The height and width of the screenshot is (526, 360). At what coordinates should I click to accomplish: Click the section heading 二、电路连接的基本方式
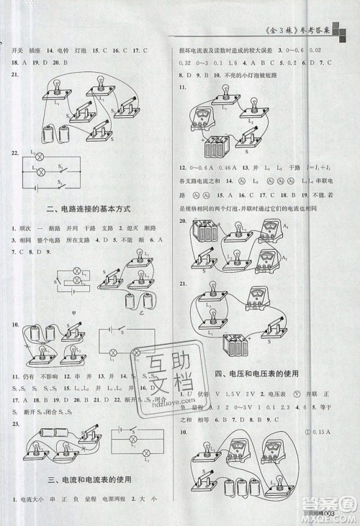[x=87, y=209]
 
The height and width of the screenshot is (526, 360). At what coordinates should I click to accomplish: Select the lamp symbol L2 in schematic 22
[x=40, y=171]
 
